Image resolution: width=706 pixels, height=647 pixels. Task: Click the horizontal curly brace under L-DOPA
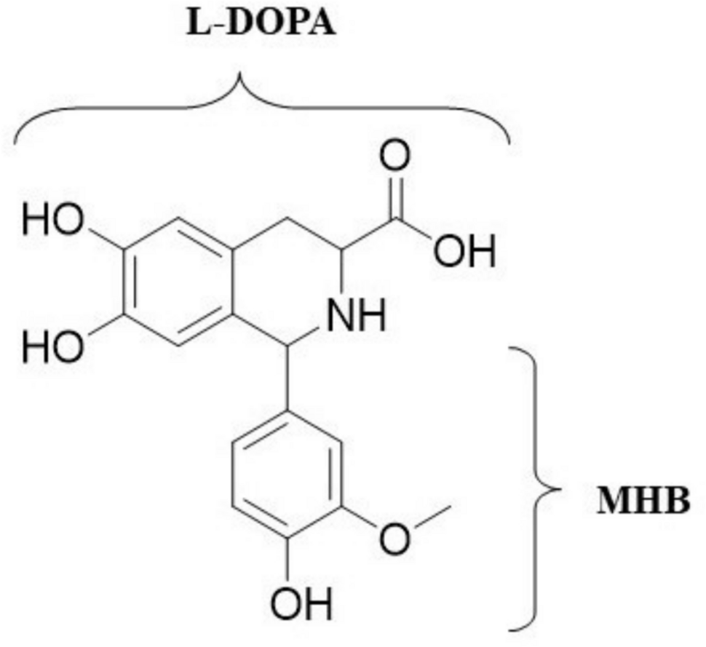pos(262,109)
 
